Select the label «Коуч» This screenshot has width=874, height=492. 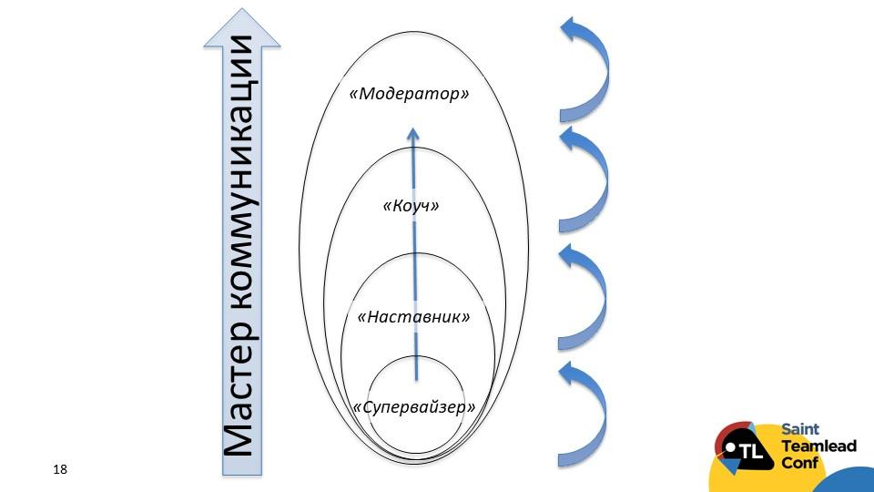(412, 206)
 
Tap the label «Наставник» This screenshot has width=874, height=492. (414, 317)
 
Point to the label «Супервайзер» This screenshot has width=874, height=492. (414, 406)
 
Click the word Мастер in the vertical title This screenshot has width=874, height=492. (240, 402)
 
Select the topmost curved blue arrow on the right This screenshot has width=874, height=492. (585, 68)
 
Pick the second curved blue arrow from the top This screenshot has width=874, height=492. (585, 179)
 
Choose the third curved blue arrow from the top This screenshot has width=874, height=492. (585, 296)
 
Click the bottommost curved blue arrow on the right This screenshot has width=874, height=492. (585, 415)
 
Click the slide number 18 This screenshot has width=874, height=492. (61, 469)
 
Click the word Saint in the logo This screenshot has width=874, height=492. (800, 431)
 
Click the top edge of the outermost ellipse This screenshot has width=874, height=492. (413, 31)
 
